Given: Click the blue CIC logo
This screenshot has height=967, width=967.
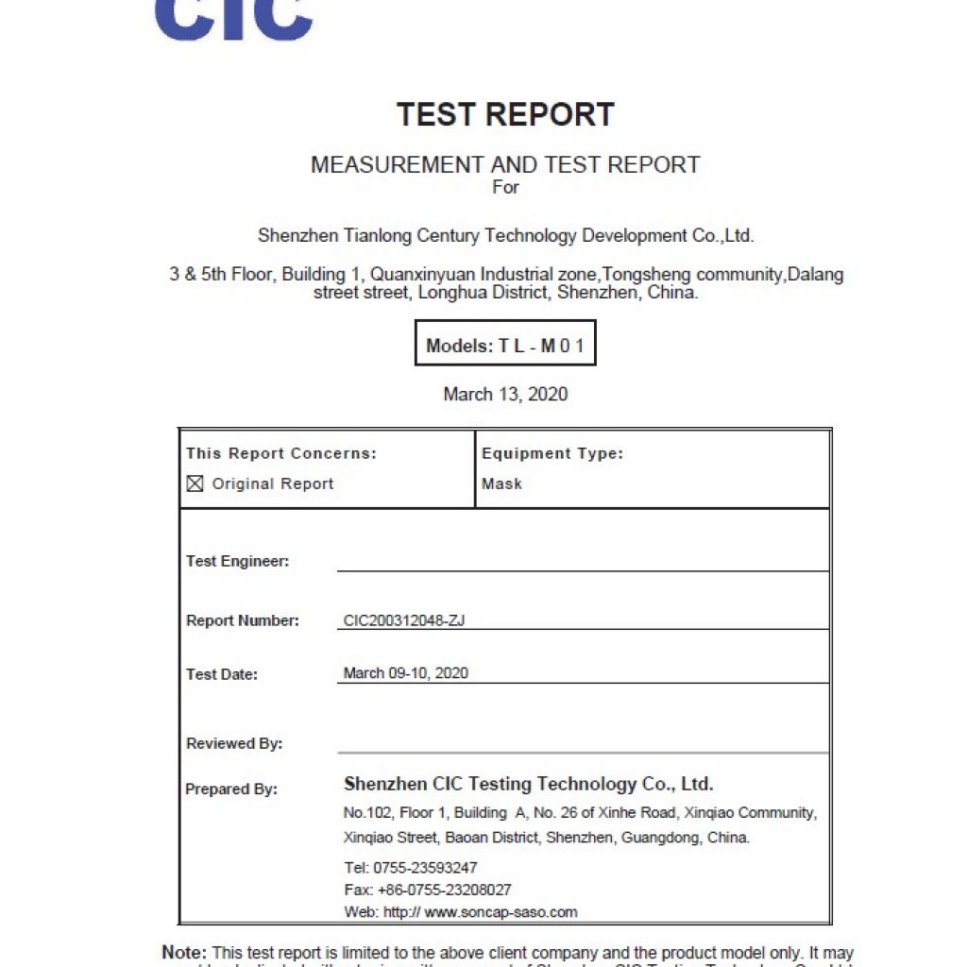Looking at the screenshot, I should pyautogui.click(x=233, y=20).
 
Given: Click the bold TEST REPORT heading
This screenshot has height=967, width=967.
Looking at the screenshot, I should pyautogui.click(x=505, y=114).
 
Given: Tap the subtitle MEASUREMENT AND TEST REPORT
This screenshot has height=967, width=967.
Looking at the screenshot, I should pyautogui.click(x=505, y=164).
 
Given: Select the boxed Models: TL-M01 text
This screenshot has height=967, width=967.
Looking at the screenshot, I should pyautogui.click(x=505, y=346).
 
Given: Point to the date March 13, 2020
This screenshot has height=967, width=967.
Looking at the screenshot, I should pyautogui.click(x=505, y=394).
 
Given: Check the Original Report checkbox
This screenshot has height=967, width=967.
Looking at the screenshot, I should pyautogui.click(x=195, y=483).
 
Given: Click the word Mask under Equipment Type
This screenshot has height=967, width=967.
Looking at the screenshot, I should pyautogui.click(x=501, y=483).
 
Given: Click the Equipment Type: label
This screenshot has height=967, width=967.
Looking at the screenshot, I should pyautogui.click(x=552, y=453).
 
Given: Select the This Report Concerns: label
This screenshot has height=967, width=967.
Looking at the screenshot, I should pyautogui.click(x=280, y=453).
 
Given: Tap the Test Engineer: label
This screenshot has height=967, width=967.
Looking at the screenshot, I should pyautogui.click(x=237, y=561).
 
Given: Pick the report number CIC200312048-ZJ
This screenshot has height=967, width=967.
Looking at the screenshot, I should pyautogui.click(x=404, y=620).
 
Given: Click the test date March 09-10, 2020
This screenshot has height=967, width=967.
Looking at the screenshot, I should pyautogui.click(x=405, y=673).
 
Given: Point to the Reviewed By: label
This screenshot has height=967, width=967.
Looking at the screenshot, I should pyautogui.click(x=234, y=743).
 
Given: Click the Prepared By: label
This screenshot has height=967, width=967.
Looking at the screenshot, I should pyautogui.click(x=231, y=789).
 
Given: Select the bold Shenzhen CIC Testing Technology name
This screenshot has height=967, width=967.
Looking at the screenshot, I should pyautogui.click(x=528, y=784).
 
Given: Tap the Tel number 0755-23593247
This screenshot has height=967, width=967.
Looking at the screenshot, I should pyautogui.click(x=425, y=867).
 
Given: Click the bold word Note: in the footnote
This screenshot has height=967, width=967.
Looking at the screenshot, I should pyautogui.click(x=184, y=953).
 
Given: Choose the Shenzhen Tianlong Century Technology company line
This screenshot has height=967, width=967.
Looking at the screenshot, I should pyautogui.click(x=505, y=235).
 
